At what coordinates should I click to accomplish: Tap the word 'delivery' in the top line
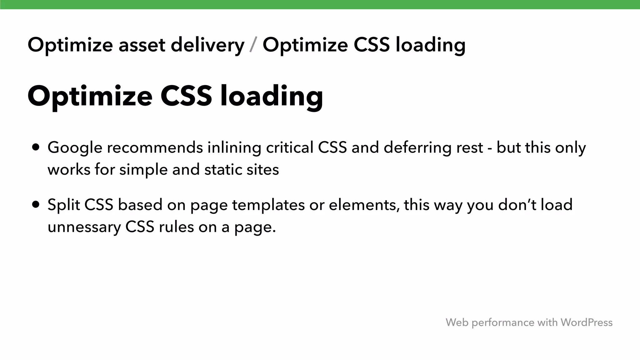[207, 45]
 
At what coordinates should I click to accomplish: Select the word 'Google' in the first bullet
[75, 148]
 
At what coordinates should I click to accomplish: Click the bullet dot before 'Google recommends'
[36, 147]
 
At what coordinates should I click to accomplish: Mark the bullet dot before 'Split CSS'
[36, 205]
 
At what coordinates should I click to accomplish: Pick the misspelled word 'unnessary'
[84, 227]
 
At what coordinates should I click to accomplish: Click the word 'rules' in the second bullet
[176, 227]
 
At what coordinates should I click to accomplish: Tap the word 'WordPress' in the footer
[586, 322]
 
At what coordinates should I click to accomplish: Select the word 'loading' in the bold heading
[272, 96]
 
